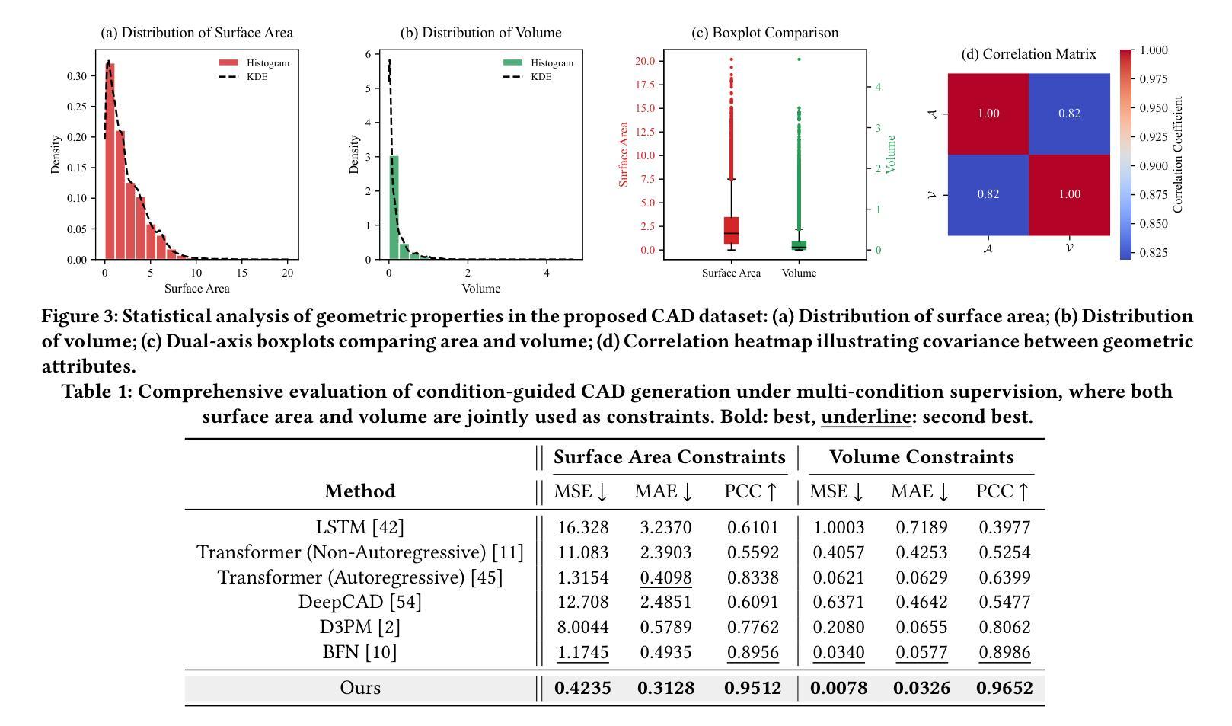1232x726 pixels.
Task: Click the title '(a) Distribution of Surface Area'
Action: pos(196,33)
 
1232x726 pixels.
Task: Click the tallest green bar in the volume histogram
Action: pos(394,207)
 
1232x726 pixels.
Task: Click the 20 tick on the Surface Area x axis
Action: pos(288,272)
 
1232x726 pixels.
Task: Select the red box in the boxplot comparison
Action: pos(731,230)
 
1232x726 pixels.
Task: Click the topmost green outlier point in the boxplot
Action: pos(799,59)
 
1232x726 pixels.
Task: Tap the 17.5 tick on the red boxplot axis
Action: pos(645,85)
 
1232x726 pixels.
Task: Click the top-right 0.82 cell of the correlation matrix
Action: pos(1069,114)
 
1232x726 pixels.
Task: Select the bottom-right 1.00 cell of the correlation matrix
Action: pos(1069,194)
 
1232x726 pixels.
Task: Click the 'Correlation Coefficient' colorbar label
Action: pos(1179,154)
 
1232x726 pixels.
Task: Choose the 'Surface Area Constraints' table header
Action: pos(669,457)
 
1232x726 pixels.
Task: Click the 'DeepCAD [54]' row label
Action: pos(359,602)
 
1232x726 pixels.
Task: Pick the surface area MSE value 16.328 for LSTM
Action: pos(582,527)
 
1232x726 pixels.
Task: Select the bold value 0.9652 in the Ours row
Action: pos(1004,688)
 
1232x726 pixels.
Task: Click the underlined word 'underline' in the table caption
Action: pos(866,417)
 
